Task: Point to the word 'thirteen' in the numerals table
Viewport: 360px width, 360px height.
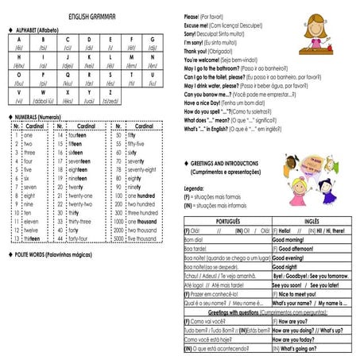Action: (33, 238)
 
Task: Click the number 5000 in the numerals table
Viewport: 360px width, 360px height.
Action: (118, 238)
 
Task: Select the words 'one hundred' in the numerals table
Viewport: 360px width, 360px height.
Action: (144, 195)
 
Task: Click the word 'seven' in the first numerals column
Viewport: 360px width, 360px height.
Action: (29, 187)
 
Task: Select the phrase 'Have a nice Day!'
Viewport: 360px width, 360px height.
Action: (203, 103)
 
